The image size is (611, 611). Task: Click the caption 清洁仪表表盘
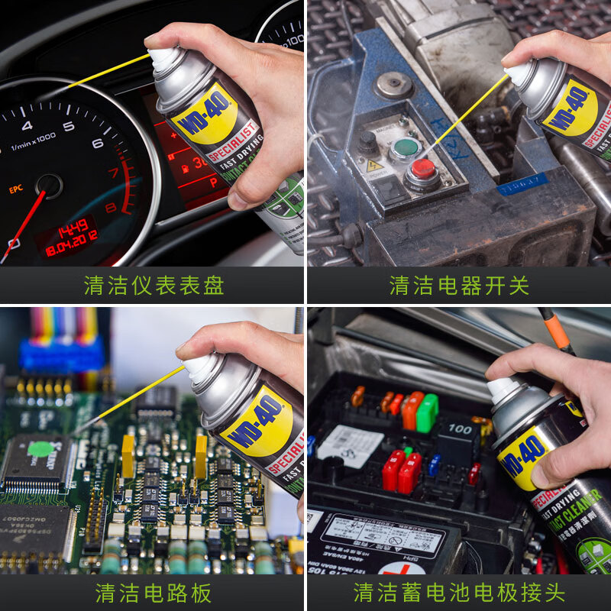pos(154,285)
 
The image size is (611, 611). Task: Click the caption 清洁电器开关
pos(459,285)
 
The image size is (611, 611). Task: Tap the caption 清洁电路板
pos(154,593)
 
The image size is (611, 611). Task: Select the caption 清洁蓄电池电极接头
pos(459,593)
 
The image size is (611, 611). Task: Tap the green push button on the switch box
pos(405,147)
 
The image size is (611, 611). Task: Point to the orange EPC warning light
pos(16,188)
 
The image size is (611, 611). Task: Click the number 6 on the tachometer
pos(97,143)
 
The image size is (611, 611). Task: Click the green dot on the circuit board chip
pos(40,448)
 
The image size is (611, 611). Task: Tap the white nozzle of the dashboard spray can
pos(163,58)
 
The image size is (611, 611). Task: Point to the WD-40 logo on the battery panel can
pos(525,454)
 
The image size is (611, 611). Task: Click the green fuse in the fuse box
pos(427,412)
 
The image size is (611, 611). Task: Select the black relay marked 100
pos(457,436)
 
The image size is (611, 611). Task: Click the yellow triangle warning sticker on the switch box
pos(374,165)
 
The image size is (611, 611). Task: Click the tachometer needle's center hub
pos(50,185)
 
